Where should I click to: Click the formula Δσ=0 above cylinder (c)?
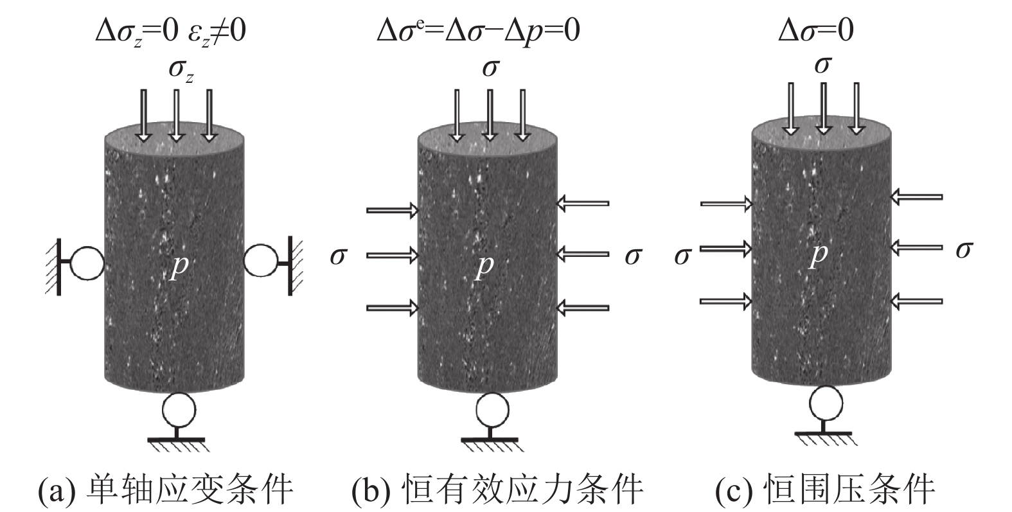click(x=816, y=31)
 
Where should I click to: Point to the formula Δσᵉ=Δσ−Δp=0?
click(x=478, y=31)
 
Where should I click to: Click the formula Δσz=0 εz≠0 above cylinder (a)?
click(x=170, y=31)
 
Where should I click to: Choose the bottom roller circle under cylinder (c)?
click(x=826, y=403)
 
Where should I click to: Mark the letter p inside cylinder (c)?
click(x=817, y=254)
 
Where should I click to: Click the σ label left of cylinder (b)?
click(x=338, y=256)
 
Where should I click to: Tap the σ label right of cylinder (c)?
click(x=963, y=249)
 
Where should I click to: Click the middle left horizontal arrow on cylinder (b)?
click(x=392, y=255)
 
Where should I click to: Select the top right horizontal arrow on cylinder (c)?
click(x=916, y=197)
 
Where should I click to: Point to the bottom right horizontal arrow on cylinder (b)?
click(x=582, y=308)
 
